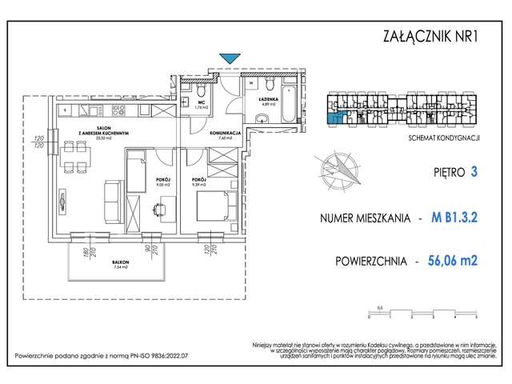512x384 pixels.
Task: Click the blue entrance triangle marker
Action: click(x=230, y=57)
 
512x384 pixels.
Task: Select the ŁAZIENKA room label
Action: click(x=266, y=99)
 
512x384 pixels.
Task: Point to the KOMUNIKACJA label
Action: click(x=226, y=133)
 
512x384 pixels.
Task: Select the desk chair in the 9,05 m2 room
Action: click(x=158, y=209)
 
